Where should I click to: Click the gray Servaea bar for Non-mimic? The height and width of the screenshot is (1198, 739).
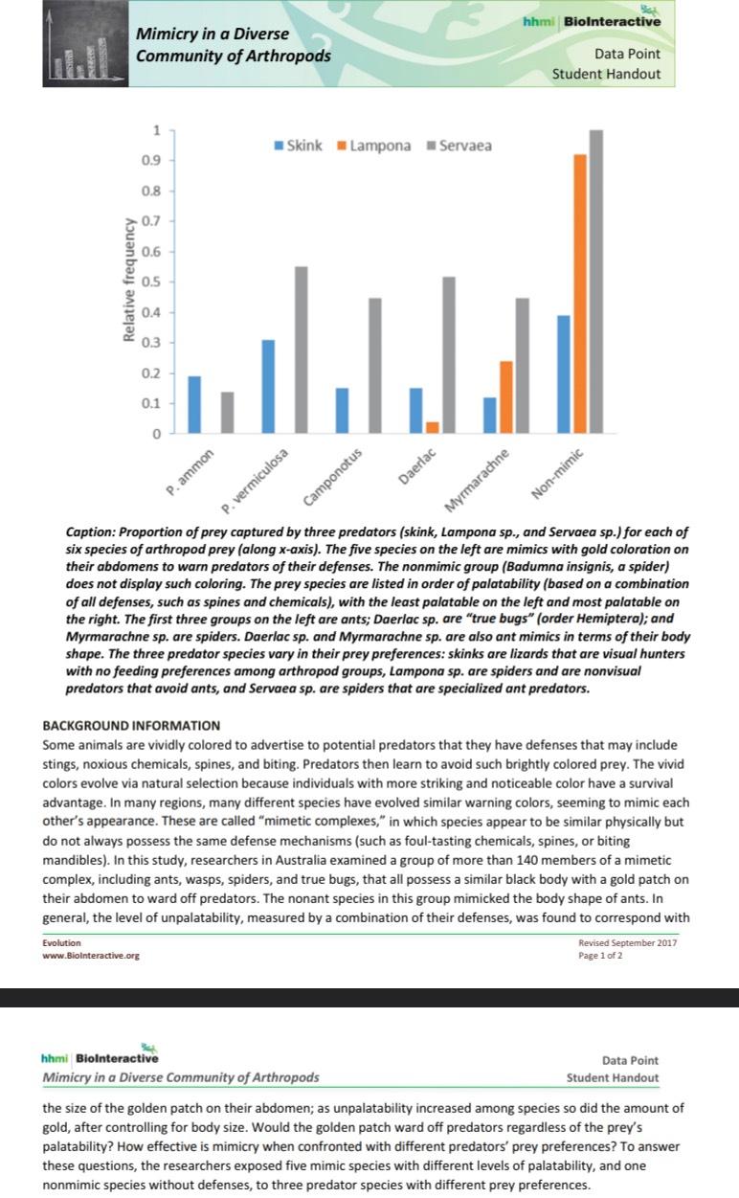click(x=595, y=282)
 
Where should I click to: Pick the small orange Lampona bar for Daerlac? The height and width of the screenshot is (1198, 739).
click(x=432, y=427)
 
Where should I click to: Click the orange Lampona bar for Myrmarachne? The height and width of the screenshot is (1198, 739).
click(x=505, y=396)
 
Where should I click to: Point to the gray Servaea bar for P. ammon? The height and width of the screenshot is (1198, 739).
click(x=227, y=412)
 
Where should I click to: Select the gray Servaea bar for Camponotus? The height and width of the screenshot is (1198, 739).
click(x=374, y=365)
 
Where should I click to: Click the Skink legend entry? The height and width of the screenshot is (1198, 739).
click(x=298, y=146)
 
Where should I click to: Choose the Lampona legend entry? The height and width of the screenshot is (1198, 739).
click(x=372, y=146)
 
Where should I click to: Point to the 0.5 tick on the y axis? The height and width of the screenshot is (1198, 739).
click(x=152, y=282)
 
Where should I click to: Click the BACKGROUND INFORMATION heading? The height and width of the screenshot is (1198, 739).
click(x=131, y=725)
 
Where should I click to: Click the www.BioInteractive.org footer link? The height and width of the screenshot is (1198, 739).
click(x=91, y=955)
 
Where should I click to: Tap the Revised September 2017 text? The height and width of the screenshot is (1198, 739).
click(x=627, y=943)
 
